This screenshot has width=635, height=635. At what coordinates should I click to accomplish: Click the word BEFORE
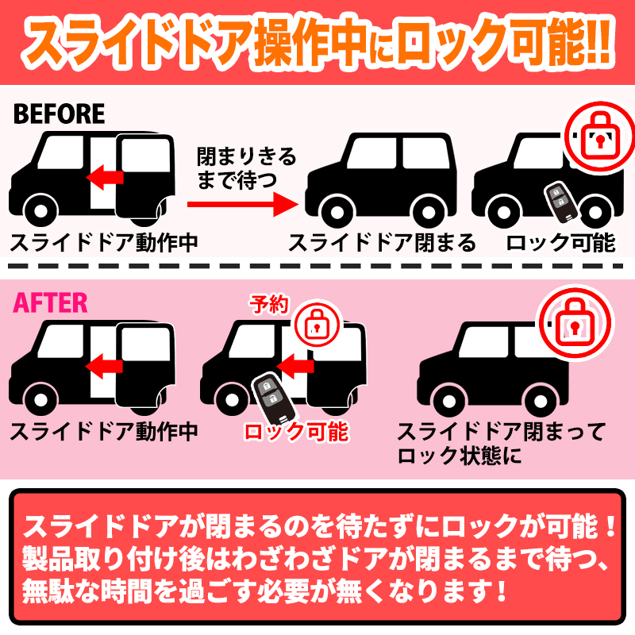(x=59, y=114)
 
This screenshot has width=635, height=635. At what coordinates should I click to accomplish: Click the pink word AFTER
(x=51, y=302)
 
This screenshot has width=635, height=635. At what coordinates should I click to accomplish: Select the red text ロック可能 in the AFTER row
(x=295, y=432)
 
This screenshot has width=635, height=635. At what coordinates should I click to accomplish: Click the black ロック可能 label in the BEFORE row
(x=560, y=242)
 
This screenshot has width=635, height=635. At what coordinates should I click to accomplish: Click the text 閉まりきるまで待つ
(x=246, y=167)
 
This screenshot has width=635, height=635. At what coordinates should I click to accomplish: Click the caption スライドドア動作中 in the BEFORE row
(x=103, y=242)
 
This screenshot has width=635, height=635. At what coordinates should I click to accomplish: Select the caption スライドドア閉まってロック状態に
(x=500, y=444)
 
